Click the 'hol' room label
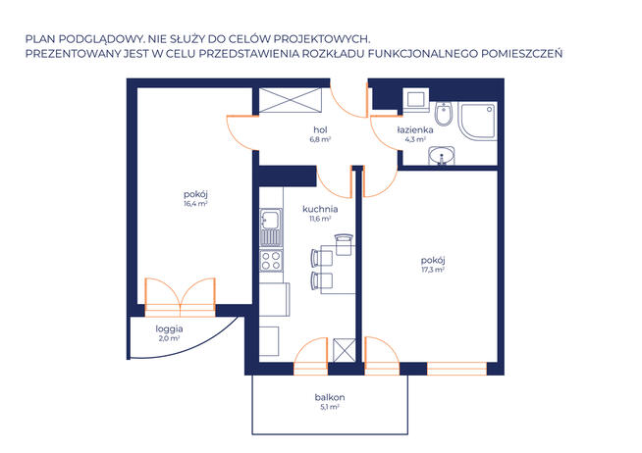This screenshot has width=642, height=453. (320, 130)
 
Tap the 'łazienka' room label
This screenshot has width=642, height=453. (415, 130)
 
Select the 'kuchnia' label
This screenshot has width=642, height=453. (320, 209)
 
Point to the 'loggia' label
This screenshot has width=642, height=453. (169, 329)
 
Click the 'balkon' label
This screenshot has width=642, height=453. (330, 397)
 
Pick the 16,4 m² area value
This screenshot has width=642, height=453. (195, 204)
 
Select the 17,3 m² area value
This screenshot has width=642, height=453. (433, 270)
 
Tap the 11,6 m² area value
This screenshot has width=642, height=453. (320, 219)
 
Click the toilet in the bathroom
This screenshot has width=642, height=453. (444, 114)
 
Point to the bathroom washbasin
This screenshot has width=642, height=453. (442, 155)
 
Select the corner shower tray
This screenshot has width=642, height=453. (478, 122)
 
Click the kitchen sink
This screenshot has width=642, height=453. (271, 227)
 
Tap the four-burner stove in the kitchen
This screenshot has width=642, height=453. (271, 261)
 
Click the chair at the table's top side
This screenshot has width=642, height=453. (344, 244)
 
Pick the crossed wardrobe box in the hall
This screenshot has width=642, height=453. (291, 100)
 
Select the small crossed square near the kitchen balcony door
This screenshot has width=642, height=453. (344, 350)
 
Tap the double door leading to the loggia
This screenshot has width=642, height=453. (181, 297)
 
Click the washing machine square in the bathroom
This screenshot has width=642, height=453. (416, 100)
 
